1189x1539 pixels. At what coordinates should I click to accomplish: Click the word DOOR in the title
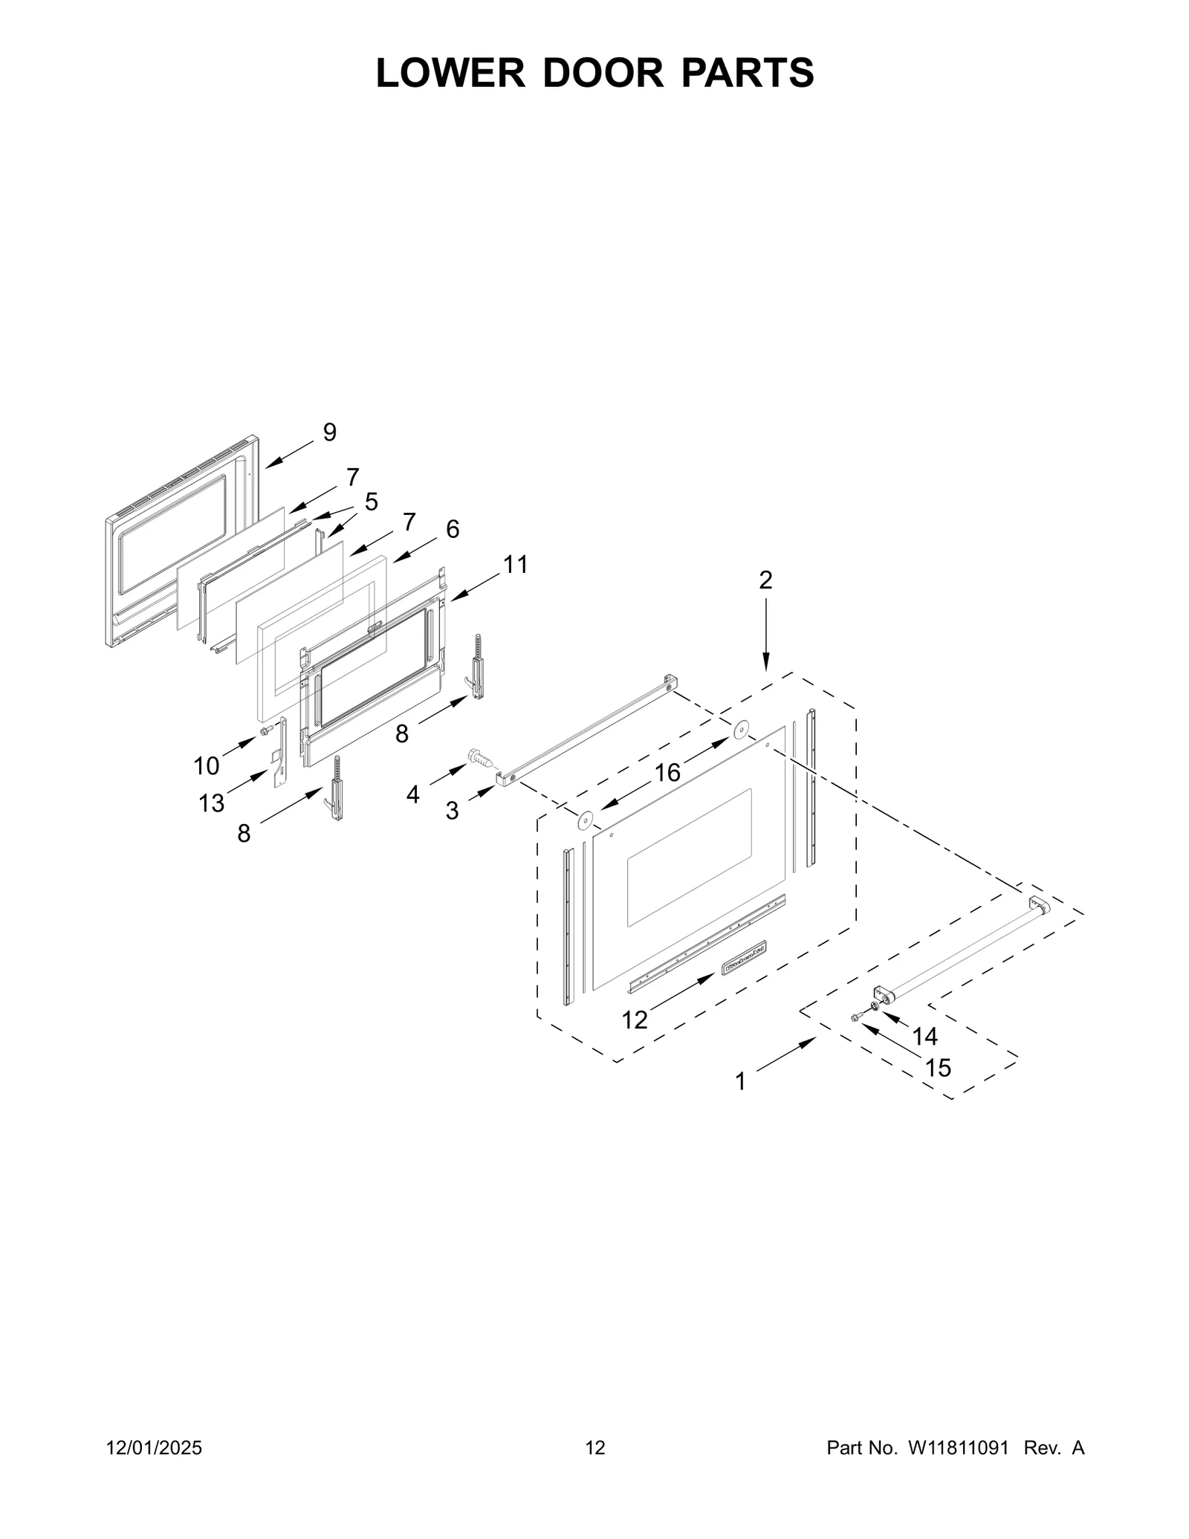[603, 73]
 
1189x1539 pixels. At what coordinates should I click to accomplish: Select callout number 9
[330, 432]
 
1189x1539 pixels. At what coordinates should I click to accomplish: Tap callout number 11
[515, 565]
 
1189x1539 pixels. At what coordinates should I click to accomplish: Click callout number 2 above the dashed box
[765, 580]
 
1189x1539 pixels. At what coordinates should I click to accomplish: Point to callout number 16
[667, 773]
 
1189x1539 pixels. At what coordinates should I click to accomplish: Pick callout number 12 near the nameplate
[635, 1020]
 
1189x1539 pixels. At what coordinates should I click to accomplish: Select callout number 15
[938, 1068]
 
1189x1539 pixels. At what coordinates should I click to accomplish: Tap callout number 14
[924, 1036]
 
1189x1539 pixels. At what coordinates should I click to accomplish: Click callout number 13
[211, 803]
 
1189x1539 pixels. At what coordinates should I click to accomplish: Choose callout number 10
[207, 765]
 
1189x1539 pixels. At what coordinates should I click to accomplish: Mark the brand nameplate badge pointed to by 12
[745, 956]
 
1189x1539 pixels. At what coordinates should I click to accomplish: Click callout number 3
[452, 811]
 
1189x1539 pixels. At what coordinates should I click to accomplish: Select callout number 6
[452, 529]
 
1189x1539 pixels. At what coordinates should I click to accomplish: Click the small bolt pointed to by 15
[856, 1017]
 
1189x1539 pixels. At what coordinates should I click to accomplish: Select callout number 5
[371, 502]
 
